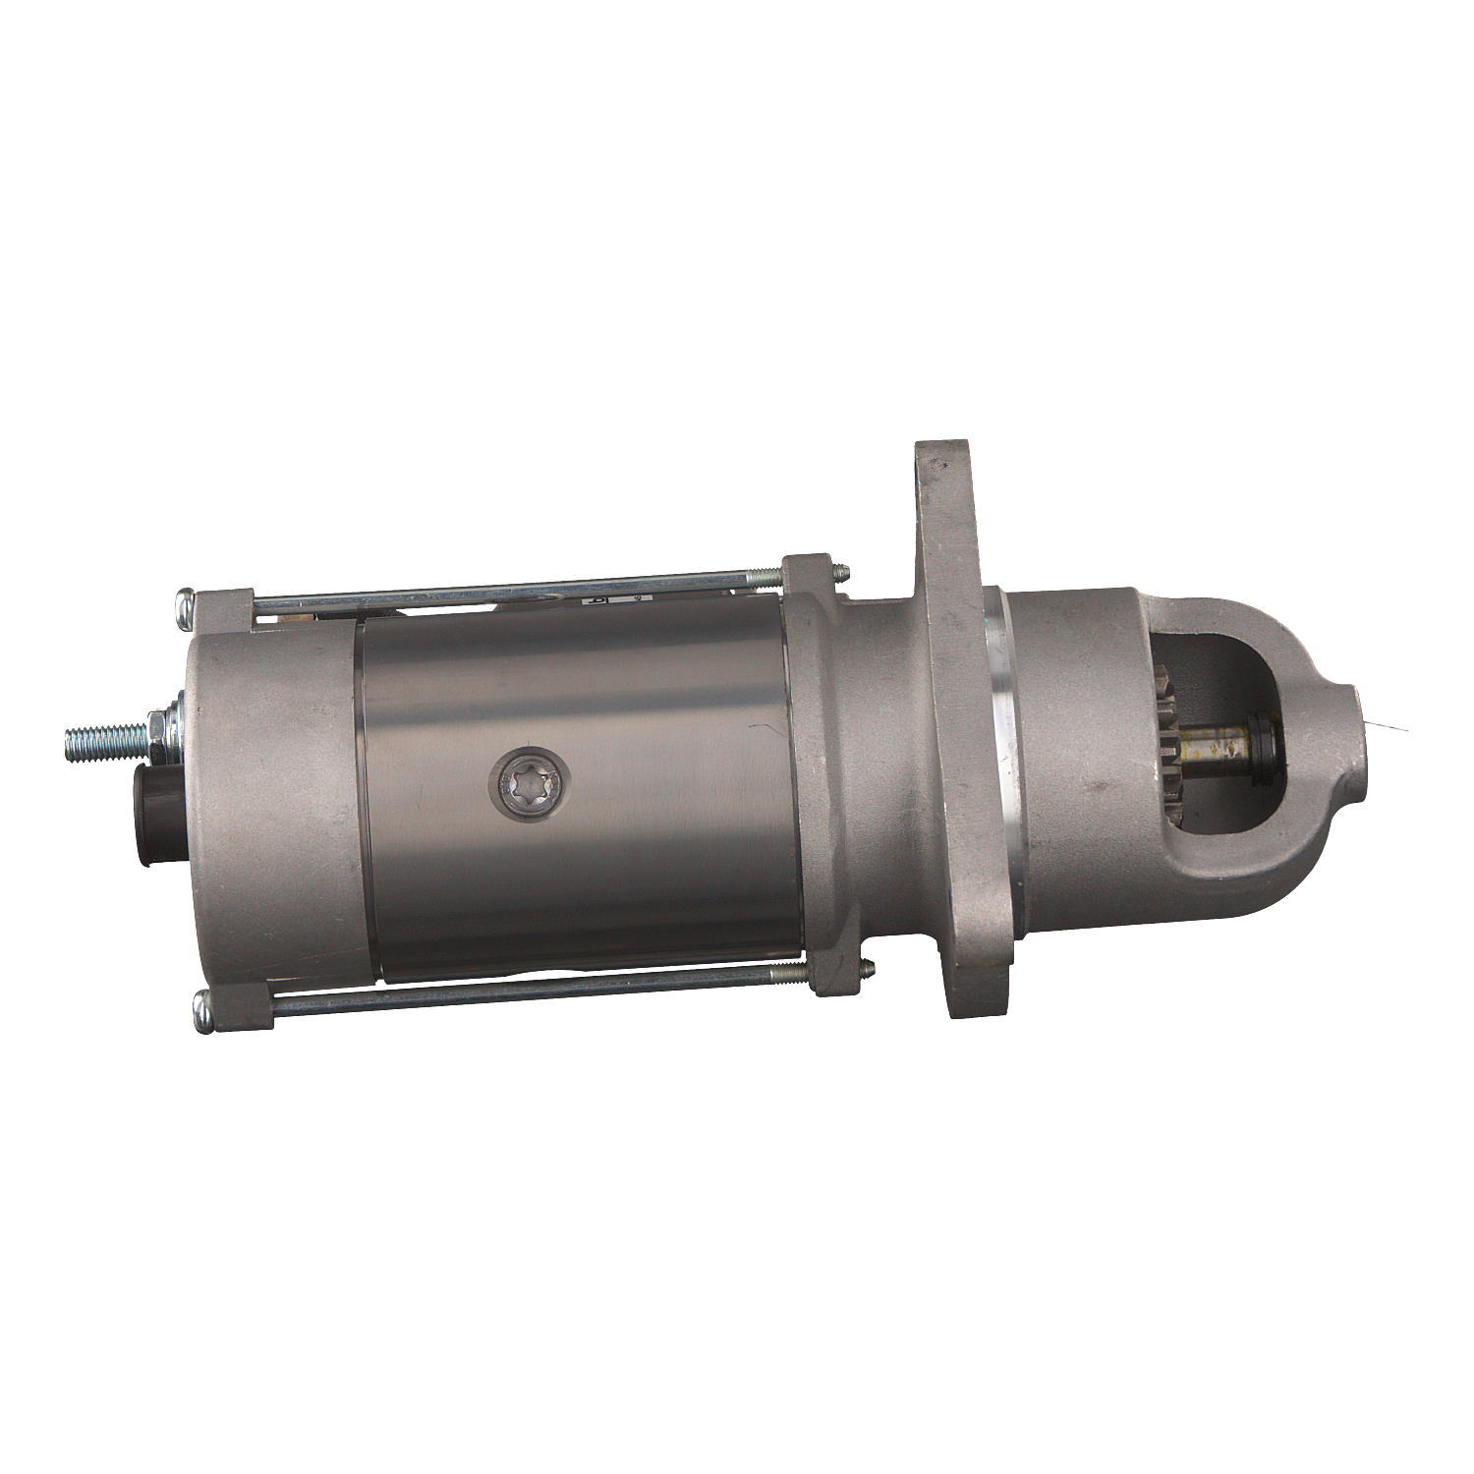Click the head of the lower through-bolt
[x=203, y=1010]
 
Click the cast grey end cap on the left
[x=265, y=806]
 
